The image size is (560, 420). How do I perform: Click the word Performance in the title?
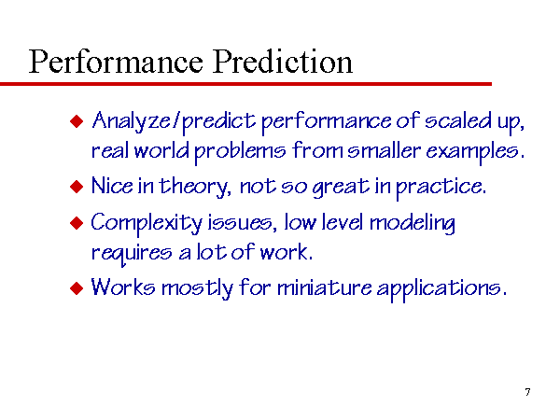[116, 62]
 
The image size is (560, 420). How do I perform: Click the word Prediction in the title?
[283, 62]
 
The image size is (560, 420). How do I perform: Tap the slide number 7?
[527, 392]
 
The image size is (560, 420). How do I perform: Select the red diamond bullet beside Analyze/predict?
[77, 121]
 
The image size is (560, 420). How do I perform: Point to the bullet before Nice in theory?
[77, 187]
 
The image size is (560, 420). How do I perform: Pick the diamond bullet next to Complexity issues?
[77, 223]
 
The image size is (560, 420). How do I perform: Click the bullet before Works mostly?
[77, 287]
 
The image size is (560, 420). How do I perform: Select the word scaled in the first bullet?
[458, 120]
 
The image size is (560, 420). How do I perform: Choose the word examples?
[475, 151]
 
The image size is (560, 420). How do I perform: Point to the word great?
[341, 188]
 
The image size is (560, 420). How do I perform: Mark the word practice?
[441, 188]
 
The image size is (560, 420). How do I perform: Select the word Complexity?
[147, 224]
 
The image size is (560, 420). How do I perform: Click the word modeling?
[413, 224]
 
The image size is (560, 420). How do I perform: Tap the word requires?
[132, 253]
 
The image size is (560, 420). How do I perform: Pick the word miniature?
[324, 287]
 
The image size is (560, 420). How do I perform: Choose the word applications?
[441, 288]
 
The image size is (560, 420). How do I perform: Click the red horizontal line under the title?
[245, 84]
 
